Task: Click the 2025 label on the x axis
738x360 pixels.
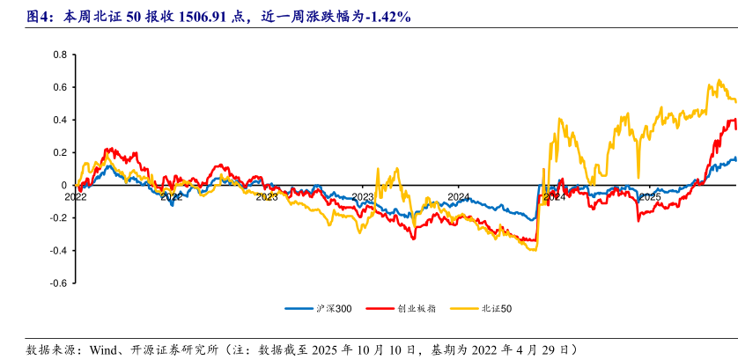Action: pos(649,197)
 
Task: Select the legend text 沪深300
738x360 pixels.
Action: pos(333,309)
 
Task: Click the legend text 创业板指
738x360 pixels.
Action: pos(411,309)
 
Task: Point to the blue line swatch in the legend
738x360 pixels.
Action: pos(299,309)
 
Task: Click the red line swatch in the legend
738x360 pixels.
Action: pos(376,309)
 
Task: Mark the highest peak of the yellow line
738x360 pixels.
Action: pos(720,80)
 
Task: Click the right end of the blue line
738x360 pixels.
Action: pos(736,158)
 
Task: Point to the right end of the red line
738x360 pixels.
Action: pos(736,129)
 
